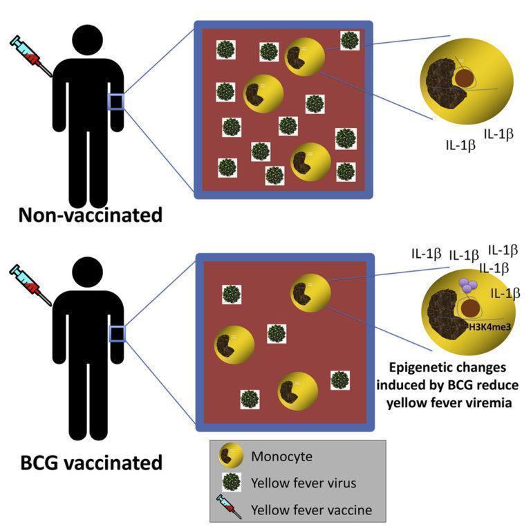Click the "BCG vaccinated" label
pos(89,462)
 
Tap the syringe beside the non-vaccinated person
pos(30,56)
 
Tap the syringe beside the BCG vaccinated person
pos(30,281)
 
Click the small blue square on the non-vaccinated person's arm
pos(115,102)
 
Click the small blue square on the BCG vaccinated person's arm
pos(115,334)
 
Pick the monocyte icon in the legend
pos(231,456)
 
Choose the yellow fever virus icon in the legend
pos(231,483)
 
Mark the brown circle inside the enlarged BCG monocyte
pos(473,308)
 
